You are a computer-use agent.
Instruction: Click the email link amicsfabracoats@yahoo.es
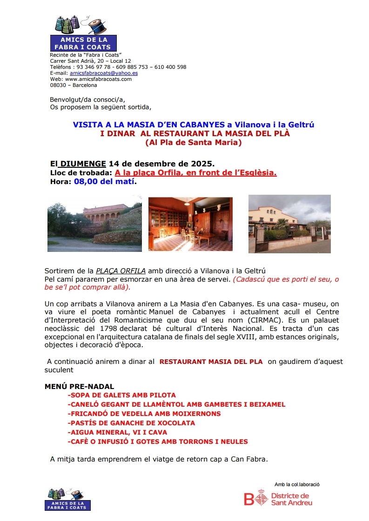pyautogui.click(x=103, y=73)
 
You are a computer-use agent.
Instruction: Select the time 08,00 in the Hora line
pyautogui.click(x=87, y=181)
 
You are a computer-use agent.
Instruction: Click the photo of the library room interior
pyautogui.click(x=190, y=224)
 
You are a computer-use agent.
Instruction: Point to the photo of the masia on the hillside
pyautogui.click(x=94, y=227)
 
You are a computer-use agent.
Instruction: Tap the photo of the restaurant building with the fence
pyautogui.click(x=289, y=224)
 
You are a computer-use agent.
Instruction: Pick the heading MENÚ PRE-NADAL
pyautogui.click(x=79, y=386)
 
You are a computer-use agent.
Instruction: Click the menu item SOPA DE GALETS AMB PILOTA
pyautogui.click(x=121, y=395)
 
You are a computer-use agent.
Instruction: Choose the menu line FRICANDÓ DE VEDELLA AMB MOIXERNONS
pyautogui.click(x=144, y=414)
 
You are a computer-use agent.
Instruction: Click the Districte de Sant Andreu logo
pyautogui.click(x=278, y=499)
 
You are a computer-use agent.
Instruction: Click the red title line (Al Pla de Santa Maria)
pyautogui.click(x=194, y=143)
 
